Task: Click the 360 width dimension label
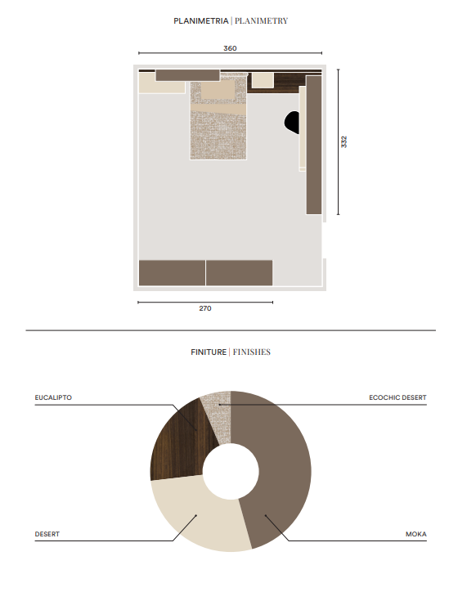pyautogui.click(x=230, y=48)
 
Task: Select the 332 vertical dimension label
pyautogui.click(x=344, y=141)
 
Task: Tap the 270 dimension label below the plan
pyautogui.click(x=205, y=308)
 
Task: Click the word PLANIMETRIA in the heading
pyautogui.click(x=201, y=21)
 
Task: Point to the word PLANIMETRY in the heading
pyautogui.click(x=261, y=21)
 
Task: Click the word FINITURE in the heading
pyautogui.click(x=209, y=352)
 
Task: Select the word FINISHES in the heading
pyautogui.click(x=252, y=352)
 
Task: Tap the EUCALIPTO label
pyautogui.click(x=53, y=397)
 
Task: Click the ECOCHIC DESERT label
pyautogui.click(x=397, y=397)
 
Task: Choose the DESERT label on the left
pyautogui.click(x=47, y=534)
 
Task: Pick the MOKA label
pyautogui.click(x=416, y=534)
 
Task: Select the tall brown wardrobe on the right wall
pyautogui.click(x=314, y=145)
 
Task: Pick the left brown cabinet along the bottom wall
pyautogui.click(x=172, y=273)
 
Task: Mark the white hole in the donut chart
pyautogui.click(x=231, y=472)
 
